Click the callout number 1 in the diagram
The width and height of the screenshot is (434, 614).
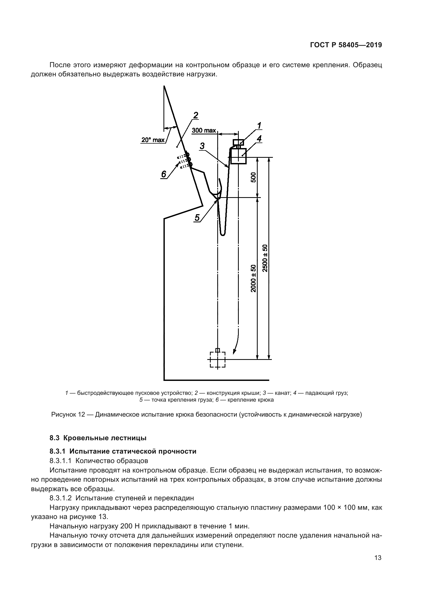[x=259, y=125]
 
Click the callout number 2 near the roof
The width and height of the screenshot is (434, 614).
[x=196, y=115]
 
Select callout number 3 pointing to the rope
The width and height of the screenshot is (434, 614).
[x=202, y=146]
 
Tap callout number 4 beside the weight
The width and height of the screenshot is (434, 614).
[x=259, y=139]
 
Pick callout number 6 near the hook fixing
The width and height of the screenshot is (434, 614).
[x=163, y=174]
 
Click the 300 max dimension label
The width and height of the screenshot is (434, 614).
[x=204, y=130]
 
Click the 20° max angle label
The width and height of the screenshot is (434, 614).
[x=153, y=140]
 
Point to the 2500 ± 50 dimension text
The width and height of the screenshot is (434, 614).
[x=265, y=258]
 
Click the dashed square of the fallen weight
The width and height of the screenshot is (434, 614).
[x=218, y=360]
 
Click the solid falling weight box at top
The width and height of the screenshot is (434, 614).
[x=238, y=156]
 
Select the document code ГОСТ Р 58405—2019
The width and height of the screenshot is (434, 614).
[x=346, y=45]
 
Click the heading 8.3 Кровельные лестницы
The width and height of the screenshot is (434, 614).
[x=98, y=438]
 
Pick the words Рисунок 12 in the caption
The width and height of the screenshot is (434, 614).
[x=68, y=414]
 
